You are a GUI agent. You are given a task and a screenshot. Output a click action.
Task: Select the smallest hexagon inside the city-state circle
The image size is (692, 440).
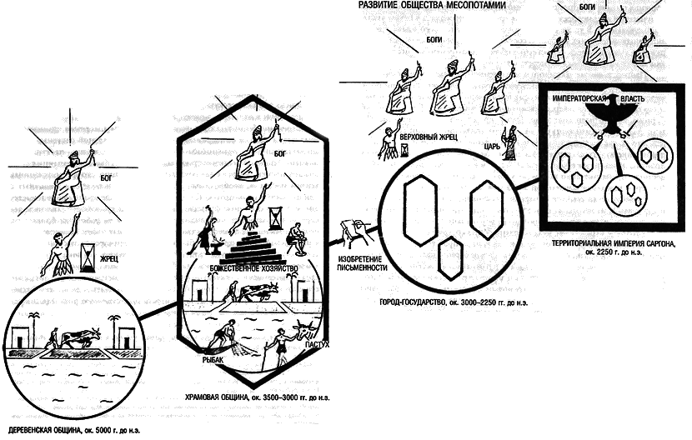449,256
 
